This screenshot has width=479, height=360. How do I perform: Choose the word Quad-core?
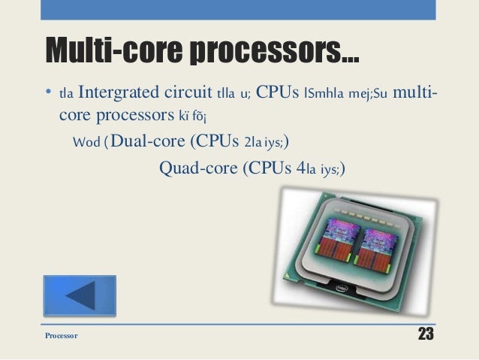coord(197,166)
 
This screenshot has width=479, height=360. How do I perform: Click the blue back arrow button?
coord(80,295)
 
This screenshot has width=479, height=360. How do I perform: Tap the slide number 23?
coord(425,334)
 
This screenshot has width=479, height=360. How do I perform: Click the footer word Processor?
coord(62,335)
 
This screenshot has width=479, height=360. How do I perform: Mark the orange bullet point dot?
coord(47,95)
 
